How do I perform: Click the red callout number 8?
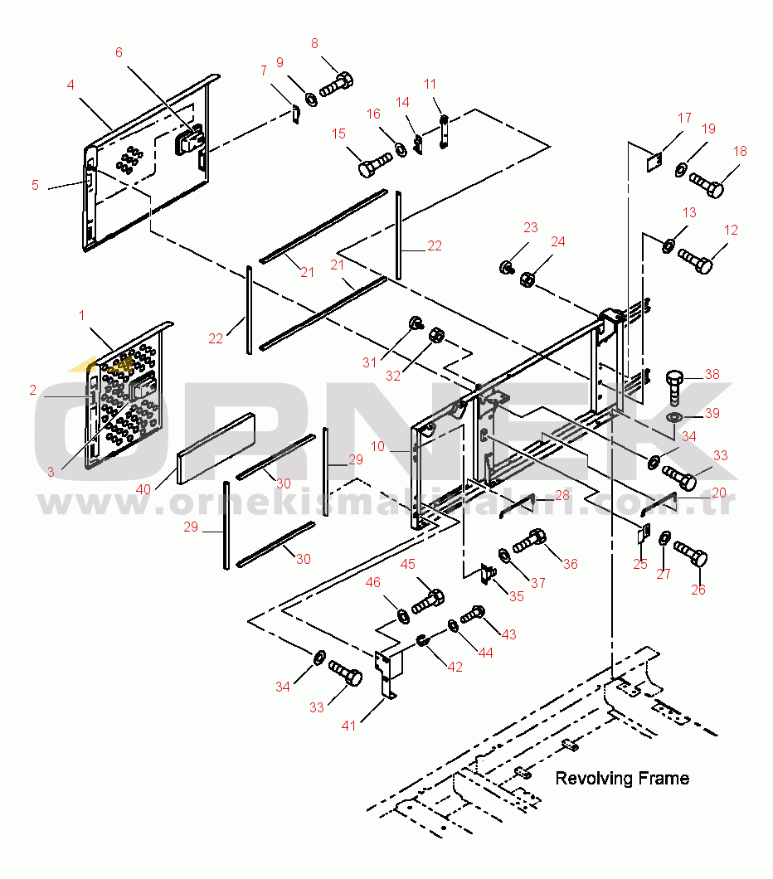(314, 44)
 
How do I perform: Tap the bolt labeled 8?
(337, 85)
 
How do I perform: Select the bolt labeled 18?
(707, 185)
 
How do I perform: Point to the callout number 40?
(143, 489)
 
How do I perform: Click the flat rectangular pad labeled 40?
(216, 449)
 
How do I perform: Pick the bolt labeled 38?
(674, 386)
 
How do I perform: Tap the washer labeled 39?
(674, 417)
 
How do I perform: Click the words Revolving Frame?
(622, 778)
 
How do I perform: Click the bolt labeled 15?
(375, 164)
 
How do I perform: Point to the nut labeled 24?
(527, 279)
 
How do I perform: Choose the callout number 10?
(378, 446)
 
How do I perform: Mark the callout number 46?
(373, 582)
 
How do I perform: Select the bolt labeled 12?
(695, 260)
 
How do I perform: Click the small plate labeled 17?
(654, 162)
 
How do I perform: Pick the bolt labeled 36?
(529, 541)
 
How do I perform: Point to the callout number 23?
(531, 227)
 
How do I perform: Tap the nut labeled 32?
(436, 336)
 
